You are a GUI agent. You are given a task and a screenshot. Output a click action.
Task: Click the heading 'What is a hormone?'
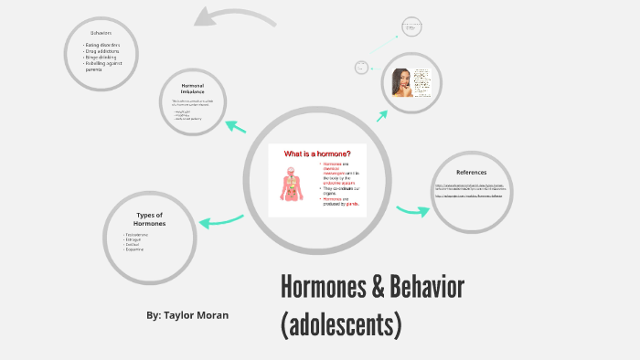click(x=317, y=153)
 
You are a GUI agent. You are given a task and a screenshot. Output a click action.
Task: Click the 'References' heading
click(x=471, y=172)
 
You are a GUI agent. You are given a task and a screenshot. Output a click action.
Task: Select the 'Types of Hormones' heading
click(x=150, y=219)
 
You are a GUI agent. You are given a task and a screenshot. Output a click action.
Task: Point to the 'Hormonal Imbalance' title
click(x=192, y=89)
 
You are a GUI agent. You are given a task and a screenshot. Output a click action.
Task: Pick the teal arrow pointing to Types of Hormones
click(x=220, y=220)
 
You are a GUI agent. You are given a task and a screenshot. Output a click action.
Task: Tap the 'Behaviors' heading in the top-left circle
click(x=101, y=33)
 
